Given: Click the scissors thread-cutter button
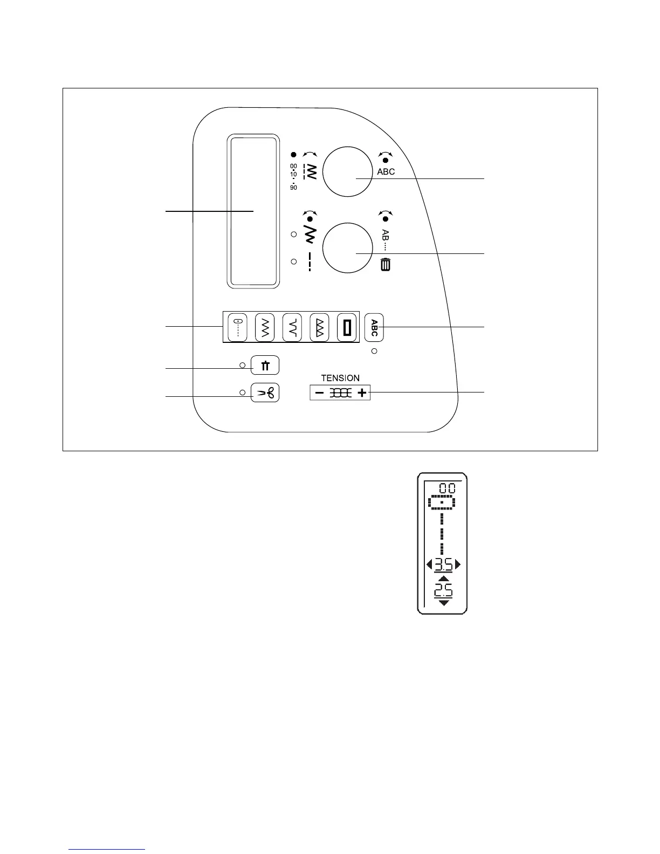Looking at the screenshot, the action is pyautogui.click(x=265, y=394).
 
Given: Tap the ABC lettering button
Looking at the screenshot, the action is pyautogui.click(x=374, y=327).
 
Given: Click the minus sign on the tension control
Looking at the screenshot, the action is pyautogui.click(x=319, y=393).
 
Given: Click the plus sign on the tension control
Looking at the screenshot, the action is pyautogui.click(x=362, y=393).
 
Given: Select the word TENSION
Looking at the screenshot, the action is pyautogui.click(x=340, y=378).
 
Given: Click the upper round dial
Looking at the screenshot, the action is pyautogui.click(x=348, y=171).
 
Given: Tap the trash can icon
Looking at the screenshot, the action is pyautogui.click(x=386, y=265).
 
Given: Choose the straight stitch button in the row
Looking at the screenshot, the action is pyautogui.click(x=237, y=327).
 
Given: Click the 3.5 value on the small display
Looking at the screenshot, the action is pyautogui.click(x=443, y=565).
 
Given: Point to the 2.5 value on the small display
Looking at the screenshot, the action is pyautogui.click(x=443, y=589).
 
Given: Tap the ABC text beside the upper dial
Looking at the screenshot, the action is pyautogui.click(x=386, y=171).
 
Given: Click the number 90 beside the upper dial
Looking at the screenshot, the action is pyautogui.click(x=293, y=188).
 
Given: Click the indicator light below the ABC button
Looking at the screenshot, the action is pyautogui.click(x=374, y=352).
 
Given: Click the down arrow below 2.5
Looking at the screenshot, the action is pyautogui.click(x=443, y=603).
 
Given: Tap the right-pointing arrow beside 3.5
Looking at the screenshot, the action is pyautogui.click(x=458, y=565).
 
